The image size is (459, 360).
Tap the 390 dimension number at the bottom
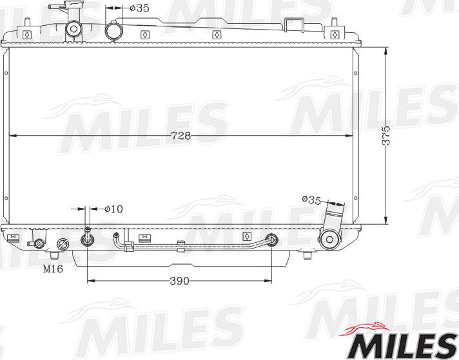180,281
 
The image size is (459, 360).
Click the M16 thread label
53,269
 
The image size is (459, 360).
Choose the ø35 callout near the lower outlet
311,200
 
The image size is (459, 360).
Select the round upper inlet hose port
115,30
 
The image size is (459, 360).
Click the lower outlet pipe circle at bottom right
331,240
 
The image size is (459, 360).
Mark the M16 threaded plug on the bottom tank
64,244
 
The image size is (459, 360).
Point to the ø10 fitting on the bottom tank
87,241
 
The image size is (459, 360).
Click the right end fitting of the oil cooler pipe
272,240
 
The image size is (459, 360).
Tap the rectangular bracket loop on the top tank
294,24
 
